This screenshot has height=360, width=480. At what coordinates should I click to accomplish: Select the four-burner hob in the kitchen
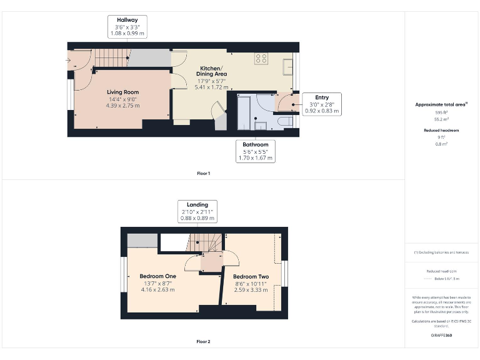(x=261, y=59)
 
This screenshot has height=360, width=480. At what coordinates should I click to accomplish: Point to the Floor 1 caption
(x=203, y=173)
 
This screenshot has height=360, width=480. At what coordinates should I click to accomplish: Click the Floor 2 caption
(x=203, y=342)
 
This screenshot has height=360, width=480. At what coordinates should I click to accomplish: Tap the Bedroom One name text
(x=157, y=276)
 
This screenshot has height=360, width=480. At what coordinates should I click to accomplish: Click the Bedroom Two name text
(x=251, y=276)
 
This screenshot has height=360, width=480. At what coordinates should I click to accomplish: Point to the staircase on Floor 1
(x=111, y=59)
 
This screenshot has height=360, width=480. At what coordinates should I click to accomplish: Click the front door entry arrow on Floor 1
(x=67, y=61)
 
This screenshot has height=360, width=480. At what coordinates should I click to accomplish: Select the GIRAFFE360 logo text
(x=441, y=336)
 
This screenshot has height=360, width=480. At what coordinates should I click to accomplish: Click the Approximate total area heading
(x=441, y=104)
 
